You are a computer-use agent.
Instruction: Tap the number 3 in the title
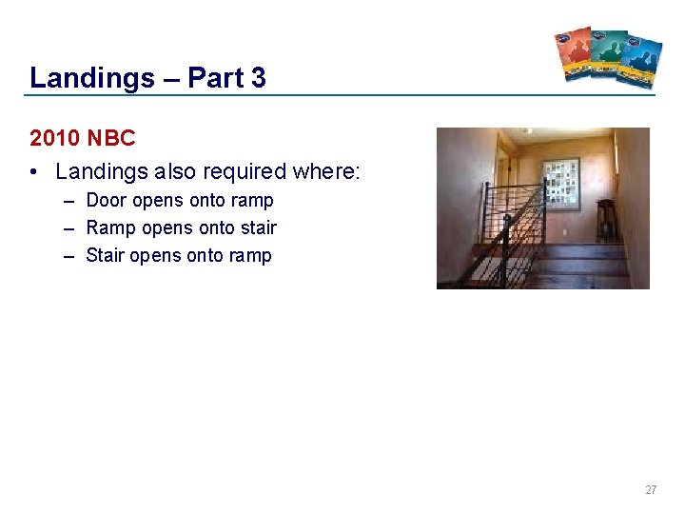point(259,78)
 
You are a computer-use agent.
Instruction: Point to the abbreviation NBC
point(111,138)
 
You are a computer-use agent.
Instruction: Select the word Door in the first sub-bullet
point(107,201)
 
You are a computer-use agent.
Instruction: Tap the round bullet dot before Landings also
point(34,172)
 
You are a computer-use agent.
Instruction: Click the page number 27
point(651,490)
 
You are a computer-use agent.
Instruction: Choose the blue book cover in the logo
point(640,61)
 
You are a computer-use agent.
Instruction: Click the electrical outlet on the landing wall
point(568,231)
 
